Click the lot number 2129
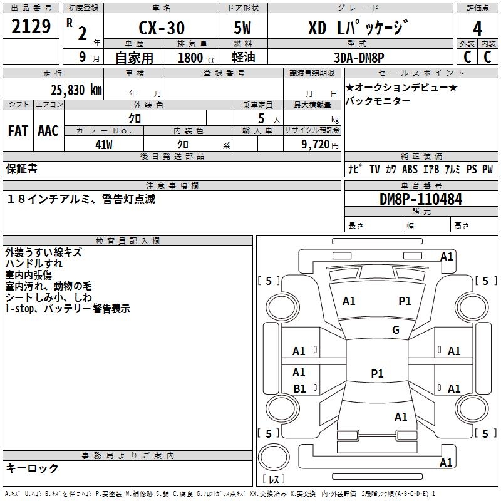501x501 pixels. pos(31,27)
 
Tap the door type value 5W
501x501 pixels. pos(243,28)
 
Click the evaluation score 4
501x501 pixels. pos(477,28)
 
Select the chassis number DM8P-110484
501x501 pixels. pos(421,200)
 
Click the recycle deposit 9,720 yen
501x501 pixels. pos(312,144)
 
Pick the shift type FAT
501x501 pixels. pos(18,130)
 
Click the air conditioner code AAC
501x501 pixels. pos(48,130)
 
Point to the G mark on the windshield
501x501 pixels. pos(396,330)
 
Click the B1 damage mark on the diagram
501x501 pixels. pos(300,389)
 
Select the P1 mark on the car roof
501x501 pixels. pos(377,374)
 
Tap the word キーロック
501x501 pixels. pos(32,468)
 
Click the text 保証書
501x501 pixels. pos(21,168)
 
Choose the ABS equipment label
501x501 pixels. pos(410,169)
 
